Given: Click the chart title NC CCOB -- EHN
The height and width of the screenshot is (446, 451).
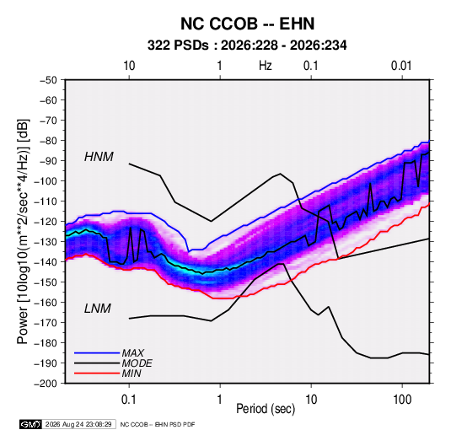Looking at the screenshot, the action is [247, 24].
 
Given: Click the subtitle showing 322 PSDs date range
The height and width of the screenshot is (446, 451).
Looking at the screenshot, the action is [247, 46].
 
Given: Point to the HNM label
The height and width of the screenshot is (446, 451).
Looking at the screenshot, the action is [99, 157].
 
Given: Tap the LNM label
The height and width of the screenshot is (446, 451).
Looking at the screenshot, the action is [98, 309].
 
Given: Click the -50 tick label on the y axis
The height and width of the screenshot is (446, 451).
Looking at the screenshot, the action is [48, 80].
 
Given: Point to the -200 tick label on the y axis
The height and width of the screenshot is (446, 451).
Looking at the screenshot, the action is [46, 384].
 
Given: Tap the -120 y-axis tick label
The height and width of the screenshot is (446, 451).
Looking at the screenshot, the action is [46, 221].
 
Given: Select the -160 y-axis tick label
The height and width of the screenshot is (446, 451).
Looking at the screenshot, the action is [46, 303].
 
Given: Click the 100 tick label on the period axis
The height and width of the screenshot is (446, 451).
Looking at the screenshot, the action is [402, 400].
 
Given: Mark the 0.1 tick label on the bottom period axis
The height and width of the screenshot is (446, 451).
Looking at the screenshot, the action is [129, 400].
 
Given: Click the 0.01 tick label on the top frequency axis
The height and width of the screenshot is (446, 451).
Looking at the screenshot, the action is [401, 66].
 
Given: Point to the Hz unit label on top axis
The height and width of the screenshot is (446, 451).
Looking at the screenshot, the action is [266, 66].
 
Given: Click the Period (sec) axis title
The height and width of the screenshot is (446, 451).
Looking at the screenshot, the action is [266, 409].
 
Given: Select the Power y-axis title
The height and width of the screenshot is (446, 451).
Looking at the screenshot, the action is [23, 232].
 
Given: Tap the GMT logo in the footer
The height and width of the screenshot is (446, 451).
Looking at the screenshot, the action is [30, 424].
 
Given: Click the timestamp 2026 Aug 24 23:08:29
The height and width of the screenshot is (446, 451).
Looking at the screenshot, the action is [78, 424].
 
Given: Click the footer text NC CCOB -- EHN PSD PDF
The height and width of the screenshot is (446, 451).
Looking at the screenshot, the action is [158, 424].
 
